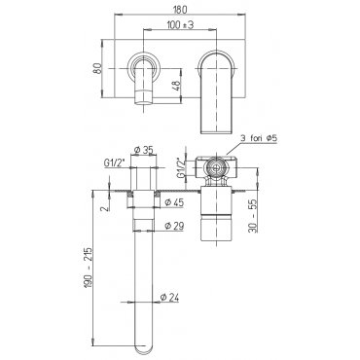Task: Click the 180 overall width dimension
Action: coord(180,10)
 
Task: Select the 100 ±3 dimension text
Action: coord(180,25)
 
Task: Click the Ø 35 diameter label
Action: coord(143,150)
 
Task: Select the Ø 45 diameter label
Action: coord(174,202)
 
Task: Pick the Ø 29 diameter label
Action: coord(174,226)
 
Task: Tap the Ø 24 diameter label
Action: coord(169,297)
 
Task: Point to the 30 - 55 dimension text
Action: coord(253,216)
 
